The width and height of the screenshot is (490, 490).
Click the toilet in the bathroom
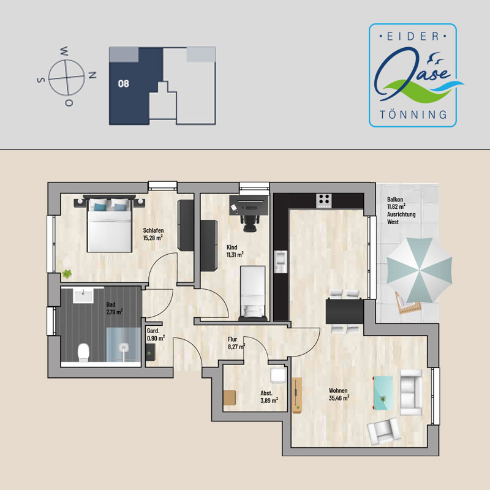83,352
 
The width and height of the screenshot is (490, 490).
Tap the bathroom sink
83,295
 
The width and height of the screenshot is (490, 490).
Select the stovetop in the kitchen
324,201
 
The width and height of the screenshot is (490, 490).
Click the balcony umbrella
420,270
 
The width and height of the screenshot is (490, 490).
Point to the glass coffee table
383,393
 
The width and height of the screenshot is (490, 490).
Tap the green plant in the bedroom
67,274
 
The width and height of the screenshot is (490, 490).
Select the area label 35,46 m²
339,398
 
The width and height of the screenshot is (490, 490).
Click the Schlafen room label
153,230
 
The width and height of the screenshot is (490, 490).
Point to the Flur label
233,339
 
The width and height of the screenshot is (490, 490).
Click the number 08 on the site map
124,83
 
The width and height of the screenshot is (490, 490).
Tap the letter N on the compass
92,75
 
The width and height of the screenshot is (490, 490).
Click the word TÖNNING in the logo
413,115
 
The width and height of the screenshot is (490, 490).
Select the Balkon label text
395,199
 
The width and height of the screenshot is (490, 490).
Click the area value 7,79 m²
115,312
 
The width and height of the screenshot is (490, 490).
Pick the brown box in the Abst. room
230,398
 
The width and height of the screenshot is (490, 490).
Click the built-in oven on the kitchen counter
281,262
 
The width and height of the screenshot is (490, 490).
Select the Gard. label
153,331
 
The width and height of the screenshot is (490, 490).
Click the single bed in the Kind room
253,293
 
